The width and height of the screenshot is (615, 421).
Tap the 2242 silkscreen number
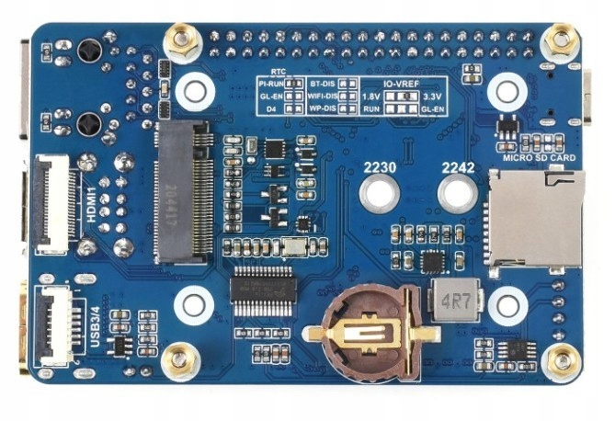click(x=457, y=168)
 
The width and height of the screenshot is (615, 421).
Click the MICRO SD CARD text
click(x=539, y=158)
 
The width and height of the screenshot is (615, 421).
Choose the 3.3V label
click(x=433, y=96)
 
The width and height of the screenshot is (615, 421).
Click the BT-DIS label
click(x=322, y=83)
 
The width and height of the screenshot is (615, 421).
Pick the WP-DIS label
click(x=322, y=108)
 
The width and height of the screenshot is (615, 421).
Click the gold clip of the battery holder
click(x=372, y=333)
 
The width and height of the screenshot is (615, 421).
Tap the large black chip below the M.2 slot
click(x=262, y=291)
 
